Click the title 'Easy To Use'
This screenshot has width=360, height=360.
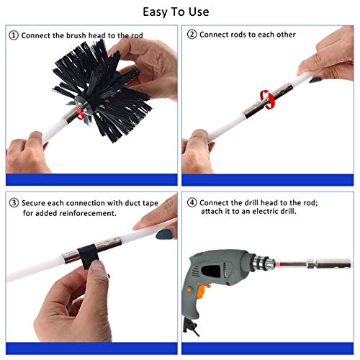[x=179, y=12]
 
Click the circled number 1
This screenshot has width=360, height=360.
[x=13, y=35]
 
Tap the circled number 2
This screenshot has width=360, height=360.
[x=192, y=35]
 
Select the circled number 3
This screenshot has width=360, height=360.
[x=13, y=202]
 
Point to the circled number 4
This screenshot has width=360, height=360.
[x=192, y=202]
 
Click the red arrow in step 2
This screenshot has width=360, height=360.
[x=266, y=97]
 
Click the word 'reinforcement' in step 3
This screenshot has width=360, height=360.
[x=80, y=214]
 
